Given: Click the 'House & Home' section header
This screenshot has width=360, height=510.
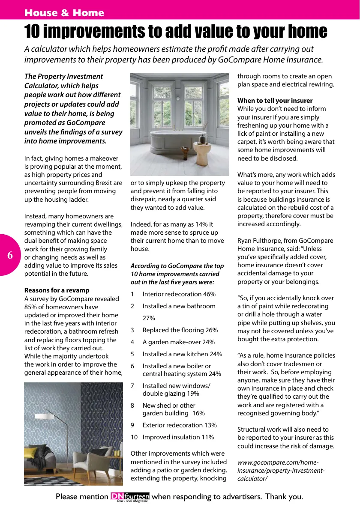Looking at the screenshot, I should (x=64, y=13).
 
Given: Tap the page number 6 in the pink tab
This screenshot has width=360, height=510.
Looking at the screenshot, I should (x=10, y=255).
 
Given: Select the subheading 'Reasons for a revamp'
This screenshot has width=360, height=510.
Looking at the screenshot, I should (x=57, y=290).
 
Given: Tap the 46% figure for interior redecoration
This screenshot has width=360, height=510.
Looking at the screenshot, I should (x=209, y=294).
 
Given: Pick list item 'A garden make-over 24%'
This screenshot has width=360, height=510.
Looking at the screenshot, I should (x=178, y=342).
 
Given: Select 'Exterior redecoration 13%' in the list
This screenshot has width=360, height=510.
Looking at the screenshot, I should (x=180, y=425).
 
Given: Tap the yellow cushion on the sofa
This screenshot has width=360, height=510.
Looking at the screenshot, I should (x=31, y=453).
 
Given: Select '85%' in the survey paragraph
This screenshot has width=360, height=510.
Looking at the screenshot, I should (x=31, y=307).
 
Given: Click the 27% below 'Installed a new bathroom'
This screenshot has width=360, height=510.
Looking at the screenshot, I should (x=149, y=318).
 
